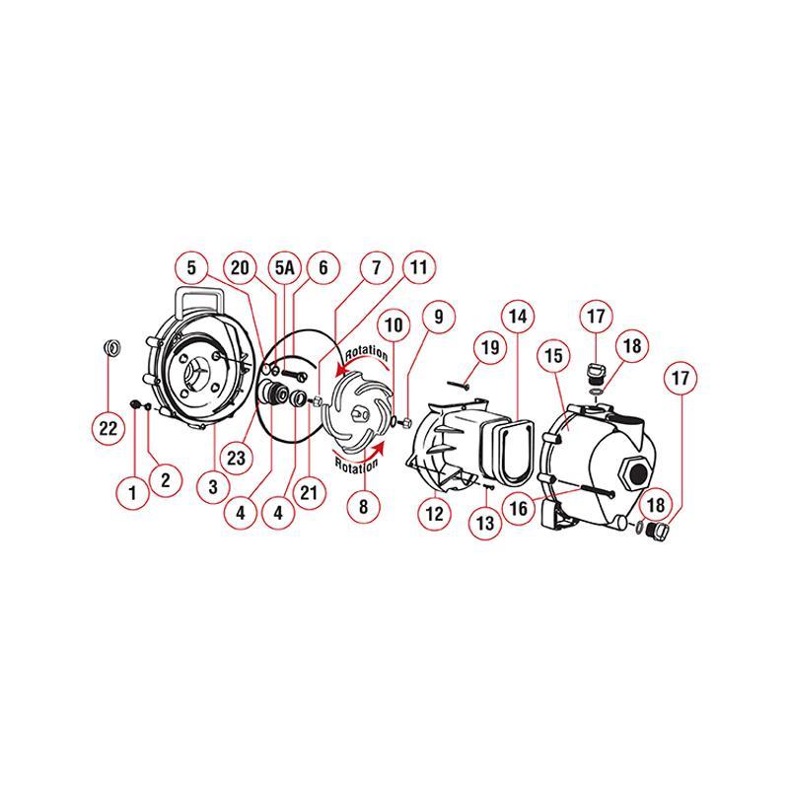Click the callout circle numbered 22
[x=108, y=427]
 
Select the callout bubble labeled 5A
[x=285, y=267]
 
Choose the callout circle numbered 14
[x=519, y=317]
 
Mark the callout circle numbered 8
[x=363, y=507]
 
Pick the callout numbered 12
[x=435, y=512]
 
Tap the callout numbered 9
[x=437, y=317]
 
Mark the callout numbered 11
[x=418, y=267]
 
